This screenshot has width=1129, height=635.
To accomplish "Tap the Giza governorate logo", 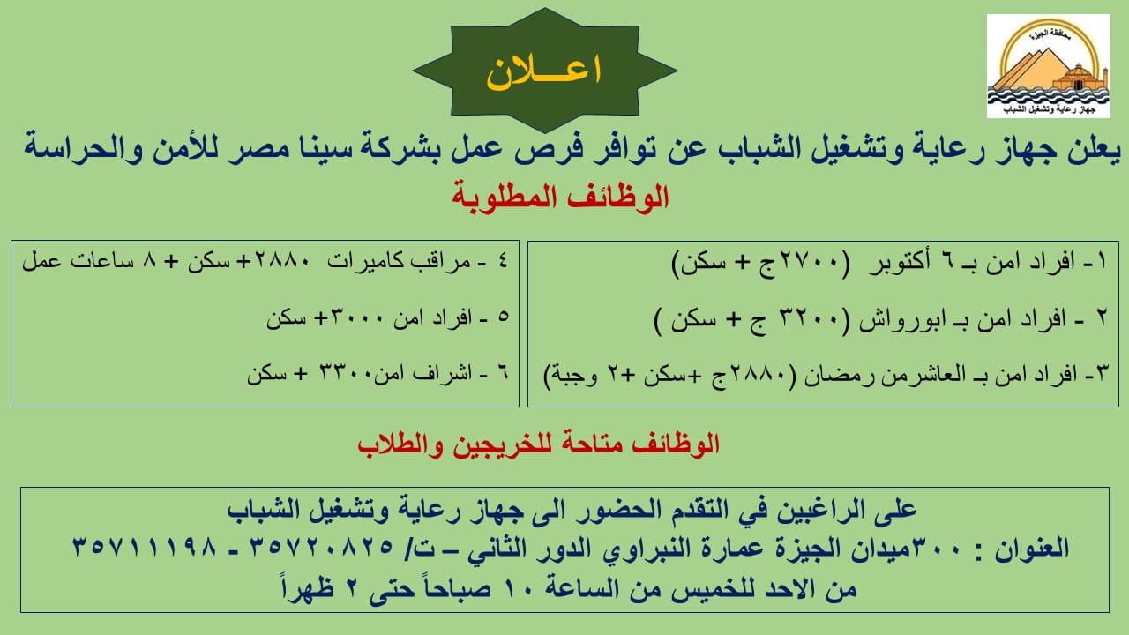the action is tap(1049, 66).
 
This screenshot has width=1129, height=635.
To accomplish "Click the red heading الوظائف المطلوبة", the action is tap(560, 197).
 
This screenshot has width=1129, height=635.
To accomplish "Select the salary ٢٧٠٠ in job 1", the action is tap(807, 262).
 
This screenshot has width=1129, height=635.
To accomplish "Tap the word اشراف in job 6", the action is tap(443, 374).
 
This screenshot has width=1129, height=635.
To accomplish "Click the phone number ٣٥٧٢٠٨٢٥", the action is tap(322, 548).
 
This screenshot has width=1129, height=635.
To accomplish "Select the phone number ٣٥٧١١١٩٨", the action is tap(145, 548).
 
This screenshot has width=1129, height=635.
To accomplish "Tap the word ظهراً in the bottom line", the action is tap(308, 586).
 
